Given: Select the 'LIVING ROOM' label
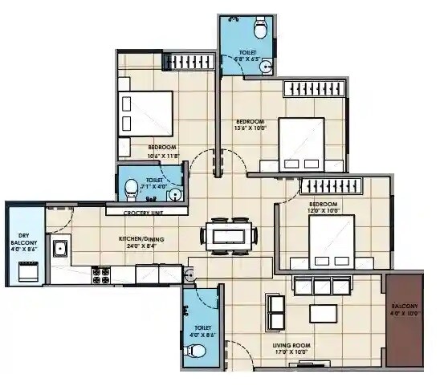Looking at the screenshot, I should tap(291, 345).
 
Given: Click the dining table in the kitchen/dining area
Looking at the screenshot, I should tap(229, 235).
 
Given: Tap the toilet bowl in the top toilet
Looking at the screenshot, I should tap(259, 30).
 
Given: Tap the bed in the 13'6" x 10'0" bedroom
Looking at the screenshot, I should tap(301, 144).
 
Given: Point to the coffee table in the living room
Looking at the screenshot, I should tap(324, 312).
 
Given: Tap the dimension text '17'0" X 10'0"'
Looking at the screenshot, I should tap(291, 352).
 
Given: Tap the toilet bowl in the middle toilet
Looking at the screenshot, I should tap(131, 189).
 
